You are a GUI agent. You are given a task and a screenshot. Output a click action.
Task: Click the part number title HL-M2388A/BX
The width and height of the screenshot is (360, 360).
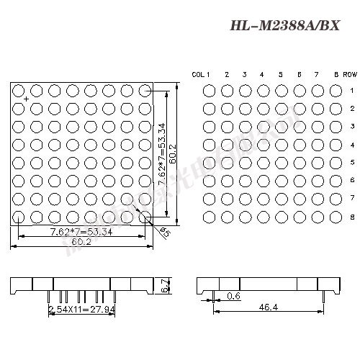[284, 27]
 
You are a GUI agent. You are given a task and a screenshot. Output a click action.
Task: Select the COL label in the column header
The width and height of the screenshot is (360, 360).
[199, 74]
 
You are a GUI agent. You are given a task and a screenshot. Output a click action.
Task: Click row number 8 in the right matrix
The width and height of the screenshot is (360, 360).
[352, 216]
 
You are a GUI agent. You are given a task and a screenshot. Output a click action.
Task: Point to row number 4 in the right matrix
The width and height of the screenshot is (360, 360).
[352, 145]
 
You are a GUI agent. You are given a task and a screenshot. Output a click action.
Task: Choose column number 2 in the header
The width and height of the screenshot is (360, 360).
[227, 74]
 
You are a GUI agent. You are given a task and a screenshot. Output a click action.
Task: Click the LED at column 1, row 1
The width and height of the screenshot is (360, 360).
[209, 91]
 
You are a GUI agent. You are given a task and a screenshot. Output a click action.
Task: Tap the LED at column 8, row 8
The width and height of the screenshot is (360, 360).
[335, 216]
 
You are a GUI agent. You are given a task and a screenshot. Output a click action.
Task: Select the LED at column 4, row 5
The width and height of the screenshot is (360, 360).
[263, 162]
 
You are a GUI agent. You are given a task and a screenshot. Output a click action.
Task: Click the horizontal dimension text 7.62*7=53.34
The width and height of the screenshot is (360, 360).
[81, 232]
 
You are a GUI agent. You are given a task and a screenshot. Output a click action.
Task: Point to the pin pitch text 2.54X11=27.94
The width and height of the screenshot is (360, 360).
[81, 309]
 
